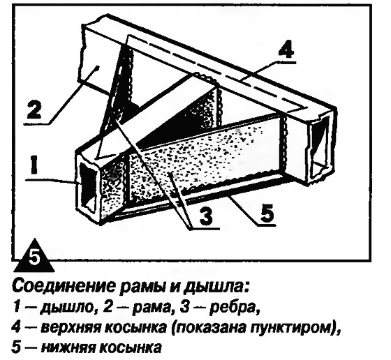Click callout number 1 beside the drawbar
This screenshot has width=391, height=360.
pyautogui.click(x=34, y=164)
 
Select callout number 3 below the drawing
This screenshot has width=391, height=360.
pyautogui.click(x=206, y=216)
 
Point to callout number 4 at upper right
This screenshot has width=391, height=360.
pyautogui.click(x=287, y=50)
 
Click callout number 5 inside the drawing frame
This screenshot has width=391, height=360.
pyautogui.click(x=267, y=212)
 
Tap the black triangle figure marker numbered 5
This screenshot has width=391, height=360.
pyautogui.click(x=34, y=255)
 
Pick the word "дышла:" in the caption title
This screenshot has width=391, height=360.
pyautogui.click(x=216, y=287)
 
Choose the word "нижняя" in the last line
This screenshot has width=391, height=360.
pyautogui.click(x=68, y=348)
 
